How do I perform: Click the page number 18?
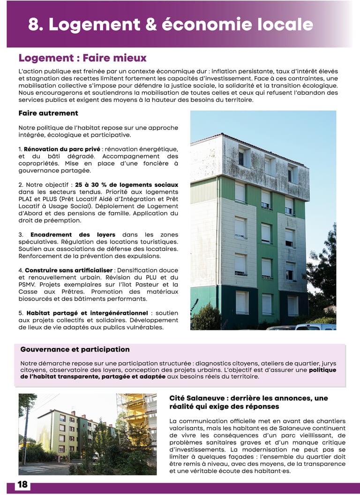22,485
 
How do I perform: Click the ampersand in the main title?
150,24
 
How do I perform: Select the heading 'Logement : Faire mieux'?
82,58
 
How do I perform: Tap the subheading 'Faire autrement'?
48,113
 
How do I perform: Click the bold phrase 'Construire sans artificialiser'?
68,270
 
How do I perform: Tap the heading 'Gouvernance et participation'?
75,350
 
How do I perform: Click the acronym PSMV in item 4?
28,284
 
